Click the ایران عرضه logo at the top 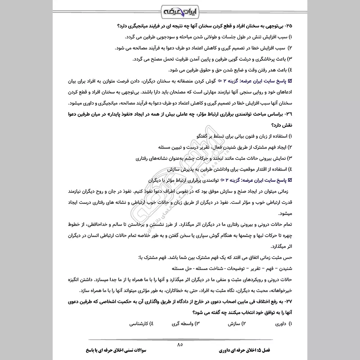180,10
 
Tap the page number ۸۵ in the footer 180,344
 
